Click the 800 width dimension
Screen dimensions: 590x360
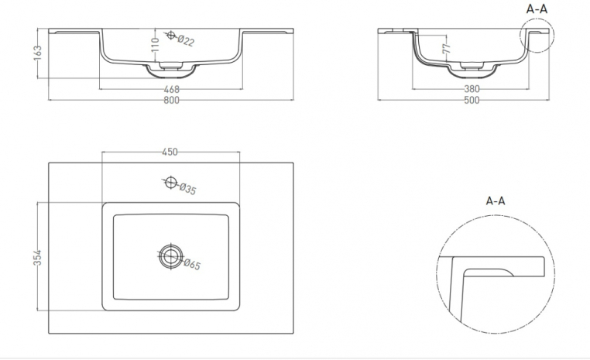click(171, 101)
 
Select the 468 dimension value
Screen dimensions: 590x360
click(172, 90)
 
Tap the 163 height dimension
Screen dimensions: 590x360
click(38, 53)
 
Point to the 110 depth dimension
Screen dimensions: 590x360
click(156, 45)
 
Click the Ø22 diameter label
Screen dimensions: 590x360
click(186, 40)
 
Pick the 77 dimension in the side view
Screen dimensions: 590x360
click(447, 48)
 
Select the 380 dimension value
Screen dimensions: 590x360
click(472, 89)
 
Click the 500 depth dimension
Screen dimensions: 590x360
click(472, 101)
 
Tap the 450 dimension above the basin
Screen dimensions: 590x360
click(170, 152)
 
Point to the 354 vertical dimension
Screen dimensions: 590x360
click(37, 258)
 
